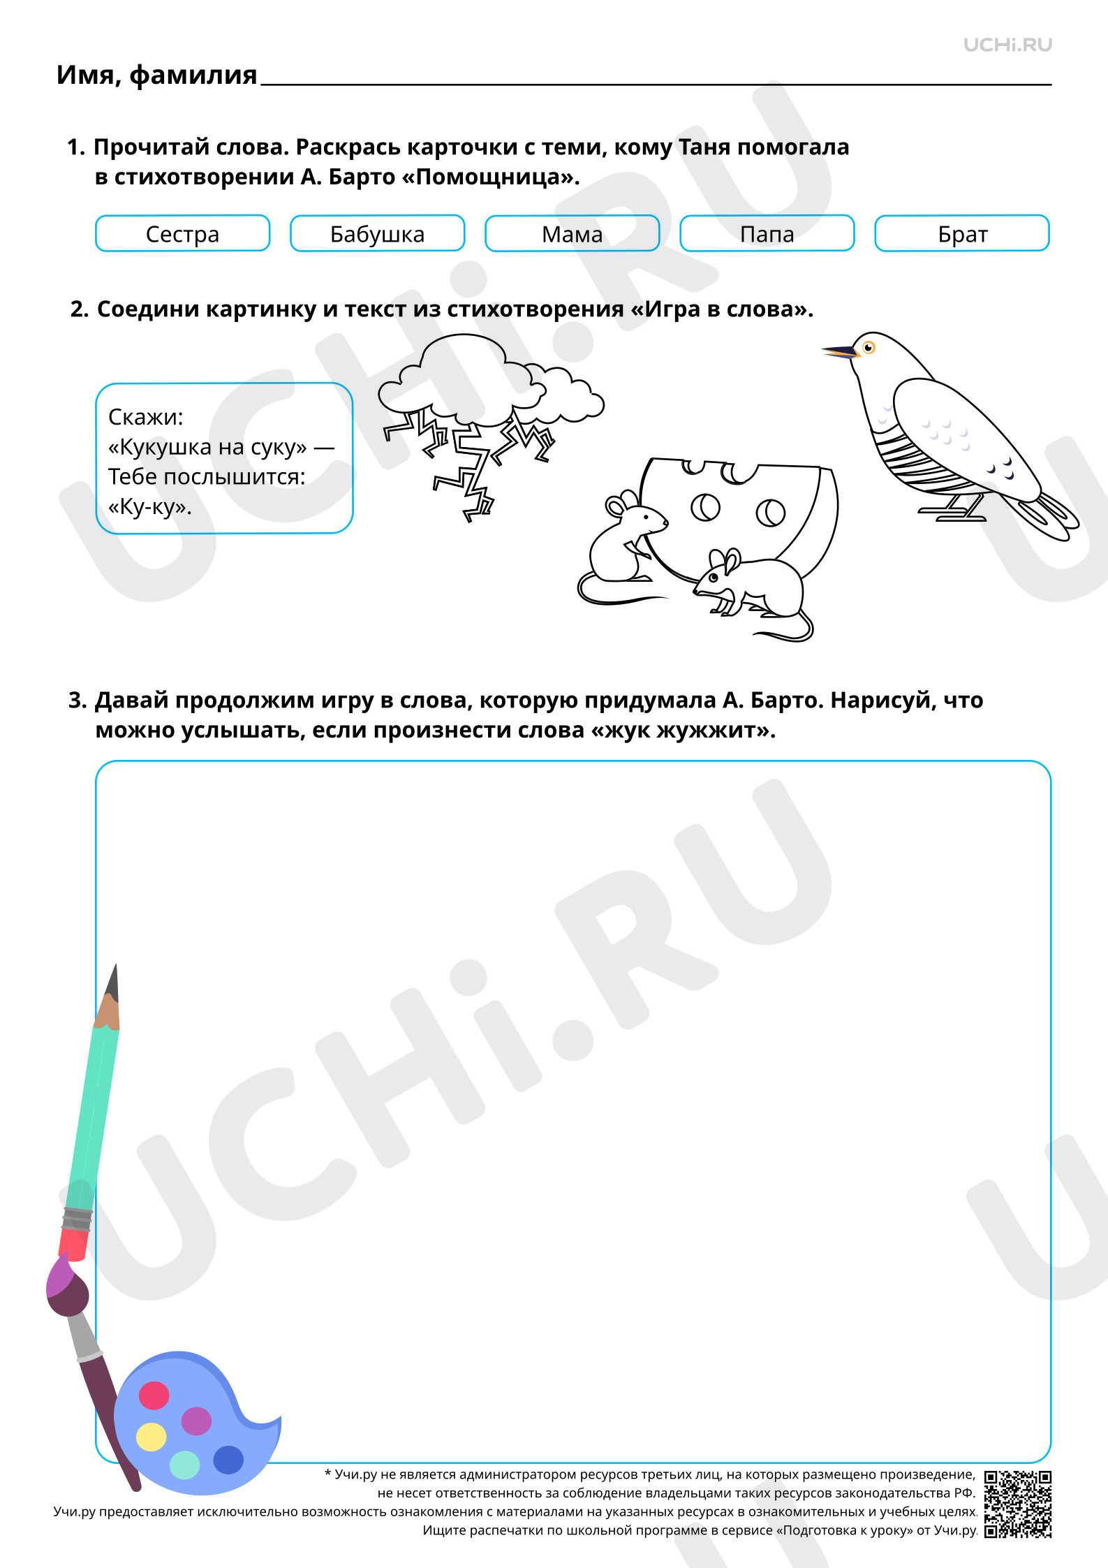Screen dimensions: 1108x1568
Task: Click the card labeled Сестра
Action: (x=182, y=233)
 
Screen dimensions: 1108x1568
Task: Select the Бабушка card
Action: (x=377, y=233)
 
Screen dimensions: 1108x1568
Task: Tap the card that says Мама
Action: (x=572, y=233)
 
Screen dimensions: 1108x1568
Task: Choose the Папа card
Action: (x=767, y=233)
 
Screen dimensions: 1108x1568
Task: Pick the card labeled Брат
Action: (x=962, y=233)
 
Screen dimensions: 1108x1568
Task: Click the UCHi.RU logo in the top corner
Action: (x=1007, y=45)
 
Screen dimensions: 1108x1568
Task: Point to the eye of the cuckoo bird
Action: (x=869, y=347)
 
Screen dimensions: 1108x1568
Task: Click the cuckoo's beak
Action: (x=841, y=351)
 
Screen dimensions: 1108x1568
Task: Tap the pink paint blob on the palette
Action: (x=154, y=1395)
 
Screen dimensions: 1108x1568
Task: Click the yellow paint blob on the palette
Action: (x=151, y=1437)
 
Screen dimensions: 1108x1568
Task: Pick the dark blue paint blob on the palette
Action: (x=228, y=1459)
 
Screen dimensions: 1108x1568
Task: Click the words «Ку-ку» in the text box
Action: (x=150, y=507)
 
